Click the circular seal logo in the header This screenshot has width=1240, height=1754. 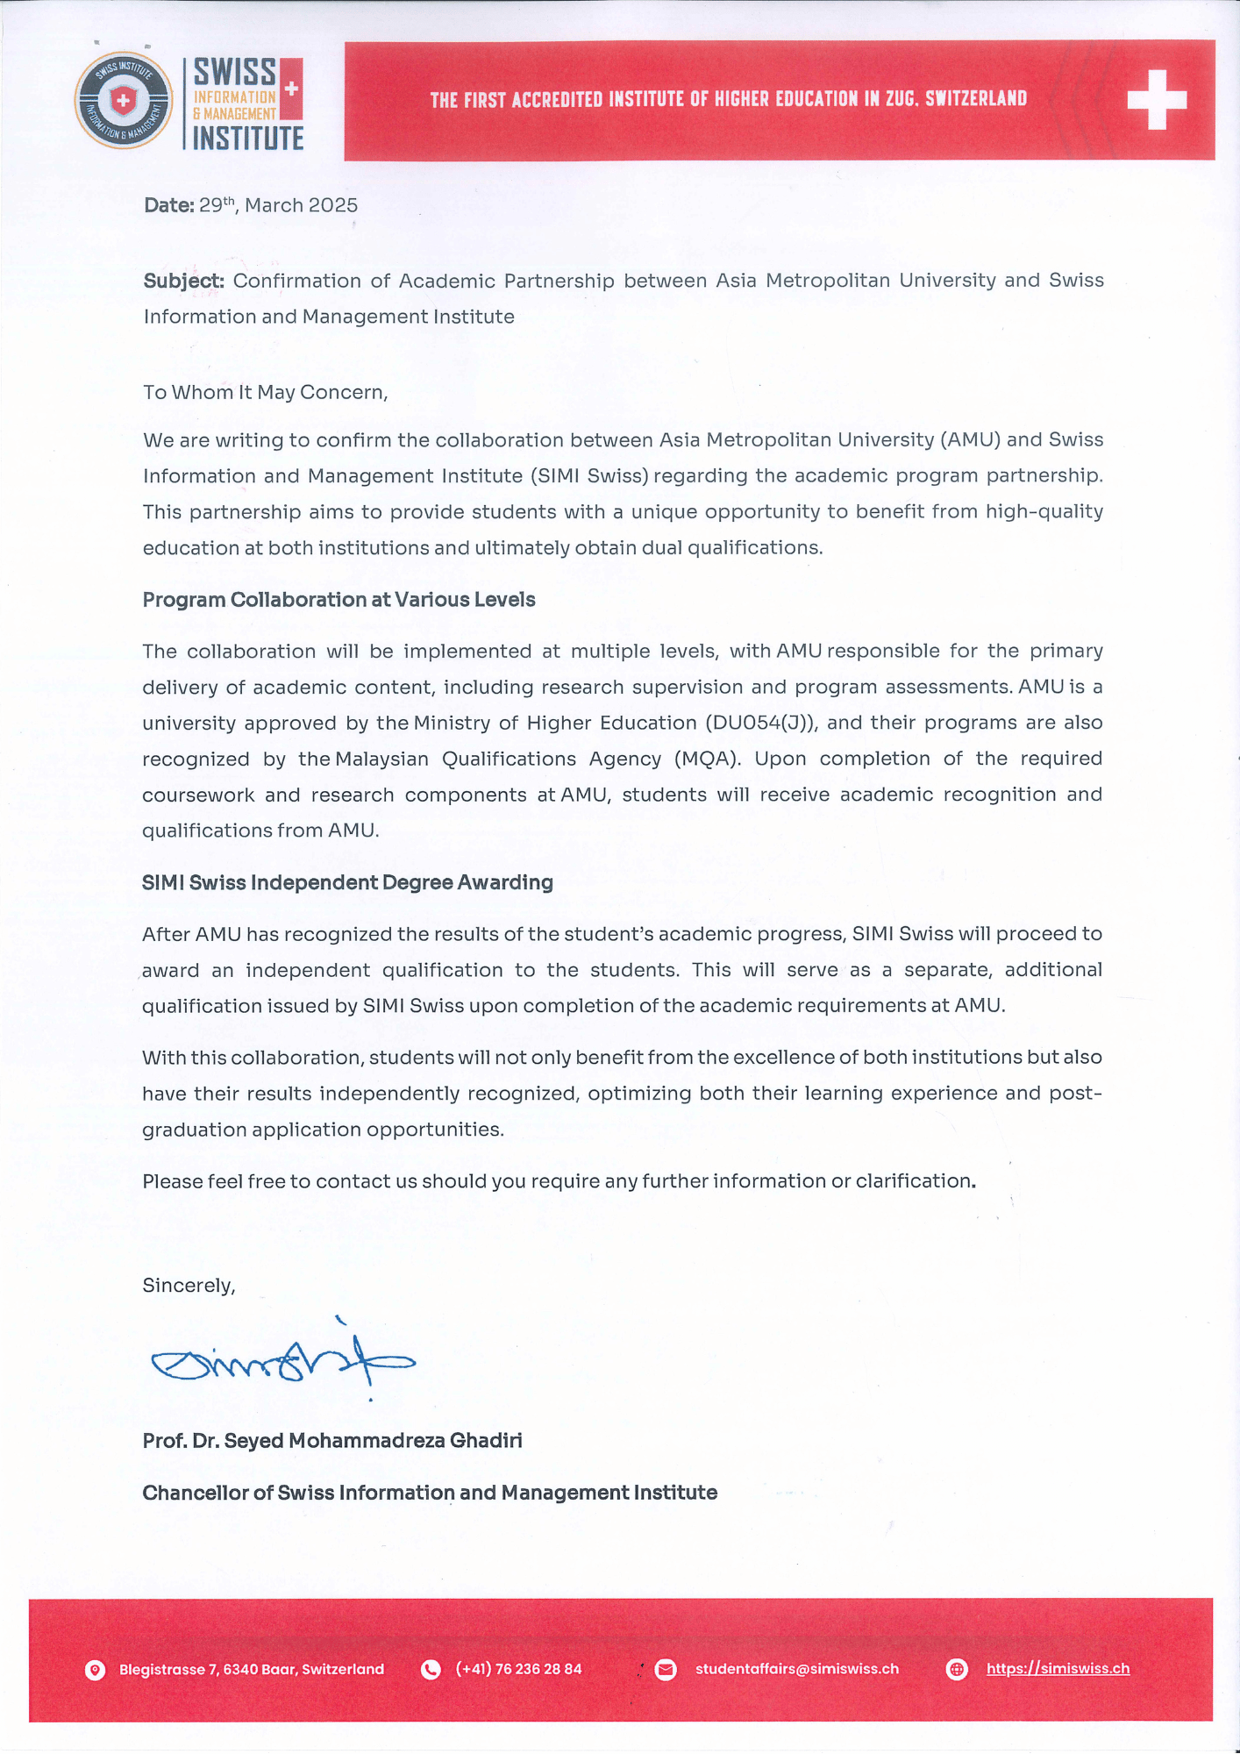click(x=124, y=100)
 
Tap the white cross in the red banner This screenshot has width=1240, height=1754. click(x=1157, y=99)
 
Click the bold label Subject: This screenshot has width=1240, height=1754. click(x=184, y=281)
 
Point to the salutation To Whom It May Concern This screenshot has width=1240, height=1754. click(x=265, y=392)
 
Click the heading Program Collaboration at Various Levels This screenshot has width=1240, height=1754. click(x=339, y=600)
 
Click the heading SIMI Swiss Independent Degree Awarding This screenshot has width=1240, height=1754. click(x=347, y=882)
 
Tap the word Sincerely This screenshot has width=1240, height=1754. click(x=189, y=1286)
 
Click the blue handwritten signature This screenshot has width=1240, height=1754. click(x=282, y=1361)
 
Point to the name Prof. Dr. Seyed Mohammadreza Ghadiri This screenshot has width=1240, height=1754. click(x=332, y=1441)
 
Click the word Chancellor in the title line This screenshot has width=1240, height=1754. click(x=196, y=1493)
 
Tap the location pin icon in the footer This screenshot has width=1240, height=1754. click(x=96, y=1670)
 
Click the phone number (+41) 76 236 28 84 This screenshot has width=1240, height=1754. click(x=518, y=1669)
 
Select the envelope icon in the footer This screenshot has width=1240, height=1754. click(x=666, y=1670)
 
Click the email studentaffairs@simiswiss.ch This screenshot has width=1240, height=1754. click(x=796, y=1669)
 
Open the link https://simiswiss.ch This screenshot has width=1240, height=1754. click(x=1058, y=1669)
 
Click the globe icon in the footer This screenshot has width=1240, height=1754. click(x=957, y=1670)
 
